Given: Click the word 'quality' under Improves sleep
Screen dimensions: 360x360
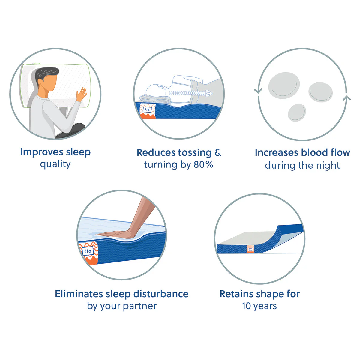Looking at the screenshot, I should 55,164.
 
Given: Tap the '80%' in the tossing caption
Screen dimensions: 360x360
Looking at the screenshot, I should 203,164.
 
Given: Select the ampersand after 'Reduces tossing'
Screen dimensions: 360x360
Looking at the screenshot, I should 218,152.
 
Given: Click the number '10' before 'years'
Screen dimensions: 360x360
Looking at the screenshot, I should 246,306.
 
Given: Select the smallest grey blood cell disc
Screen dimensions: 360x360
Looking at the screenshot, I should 297,113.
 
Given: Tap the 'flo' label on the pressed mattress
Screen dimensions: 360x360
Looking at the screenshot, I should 88,251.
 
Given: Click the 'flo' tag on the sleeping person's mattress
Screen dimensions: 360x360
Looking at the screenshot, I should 147,110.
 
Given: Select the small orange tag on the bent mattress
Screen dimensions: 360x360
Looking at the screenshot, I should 250,249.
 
